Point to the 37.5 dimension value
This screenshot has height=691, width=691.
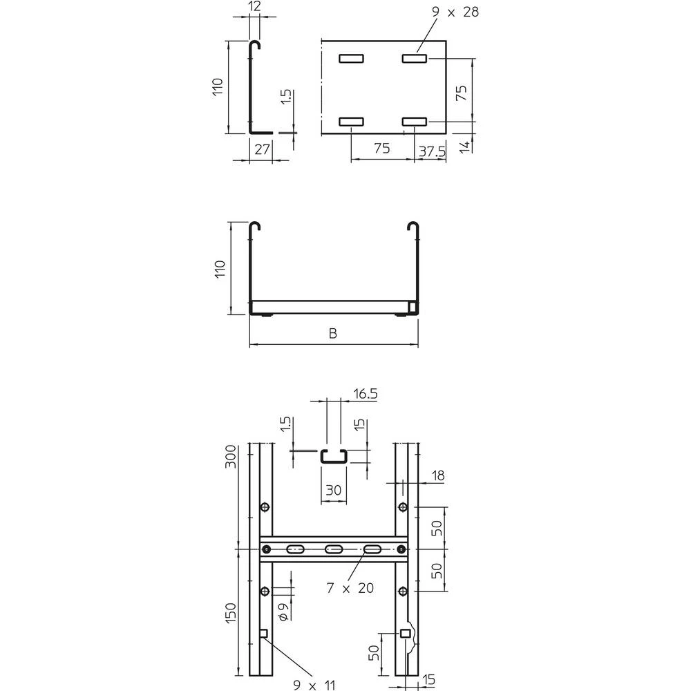point(430,149)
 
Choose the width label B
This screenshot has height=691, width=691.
point(333,334)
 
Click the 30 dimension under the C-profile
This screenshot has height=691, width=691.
point(334,491)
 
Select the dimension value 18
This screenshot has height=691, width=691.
point(439,475)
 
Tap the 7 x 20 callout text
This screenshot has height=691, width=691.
point(350,588)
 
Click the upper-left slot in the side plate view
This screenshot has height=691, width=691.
point(351,59)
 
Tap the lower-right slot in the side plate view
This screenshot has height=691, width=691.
point(415,122)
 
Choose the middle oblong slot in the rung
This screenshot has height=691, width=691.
point(334,549)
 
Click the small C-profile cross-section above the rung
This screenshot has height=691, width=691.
point(334,456)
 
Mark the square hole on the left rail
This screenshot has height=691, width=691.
point(263,633)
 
